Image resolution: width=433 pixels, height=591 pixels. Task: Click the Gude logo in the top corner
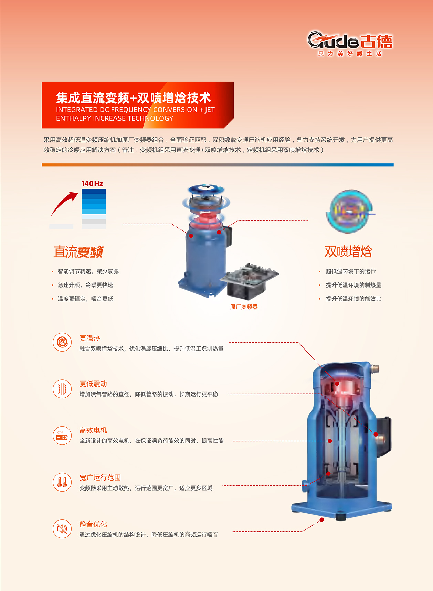(x=350, y=44)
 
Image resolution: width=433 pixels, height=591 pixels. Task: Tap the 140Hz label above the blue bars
(x=92, y=184)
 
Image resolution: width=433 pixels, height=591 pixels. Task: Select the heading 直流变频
(x=78, y=252)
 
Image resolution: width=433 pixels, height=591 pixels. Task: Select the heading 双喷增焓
(x=348, y=251)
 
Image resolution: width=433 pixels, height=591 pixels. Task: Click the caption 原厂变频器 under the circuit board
(x=244, y=307)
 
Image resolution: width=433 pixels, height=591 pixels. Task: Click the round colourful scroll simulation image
(x=349, y=211)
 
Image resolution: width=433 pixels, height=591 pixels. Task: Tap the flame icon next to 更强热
(x=62, y=342)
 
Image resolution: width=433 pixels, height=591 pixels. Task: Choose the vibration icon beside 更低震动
(x=62, y=389)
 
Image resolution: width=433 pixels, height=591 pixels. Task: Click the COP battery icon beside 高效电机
(x=62, y=436)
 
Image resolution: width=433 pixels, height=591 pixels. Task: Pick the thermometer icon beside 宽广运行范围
(x=62, y=482)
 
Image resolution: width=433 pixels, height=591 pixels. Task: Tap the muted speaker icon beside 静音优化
(x=62, y=529)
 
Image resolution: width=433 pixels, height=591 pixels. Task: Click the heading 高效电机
(x=93, y=430)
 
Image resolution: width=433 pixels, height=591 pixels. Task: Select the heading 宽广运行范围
(x=100, y=477)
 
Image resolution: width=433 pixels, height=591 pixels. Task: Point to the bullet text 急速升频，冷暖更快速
(x=85, y=285)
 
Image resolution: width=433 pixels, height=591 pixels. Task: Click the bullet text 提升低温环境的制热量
(x=353, y=285)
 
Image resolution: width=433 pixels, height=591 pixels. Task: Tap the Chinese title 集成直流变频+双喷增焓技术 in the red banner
(x=134, y=98)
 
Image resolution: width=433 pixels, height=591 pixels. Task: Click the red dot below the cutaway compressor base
(x=322, y=519)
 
